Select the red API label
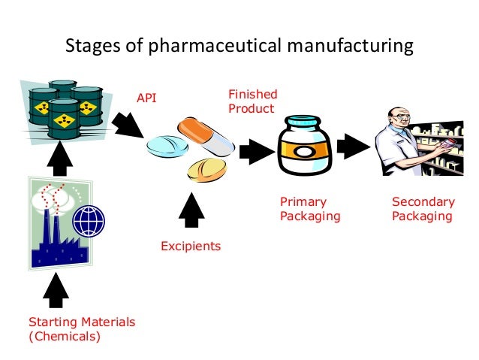point(146,98)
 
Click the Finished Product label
point(252,101)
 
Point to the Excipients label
point(191,246)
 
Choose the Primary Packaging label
point(310,209)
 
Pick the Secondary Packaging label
point(423,209)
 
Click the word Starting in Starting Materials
point(51,322)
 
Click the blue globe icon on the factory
point(88,221)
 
